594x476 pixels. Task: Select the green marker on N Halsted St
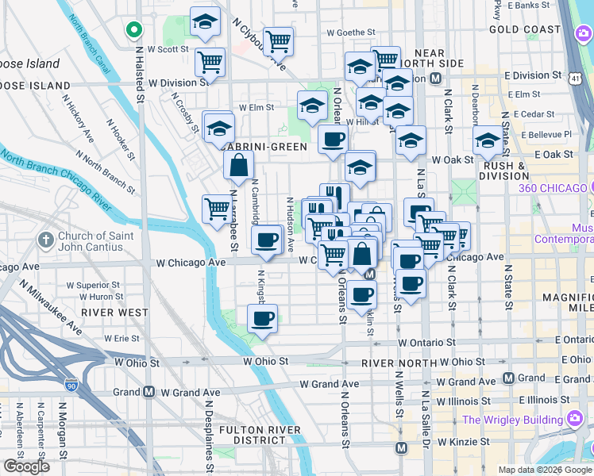coord(134,31)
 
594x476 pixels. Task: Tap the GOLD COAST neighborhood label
coord(525,29)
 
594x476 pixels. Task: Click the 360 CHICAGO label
coord(553,188)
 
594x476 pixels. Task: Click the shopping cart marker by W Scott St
coord(210,61)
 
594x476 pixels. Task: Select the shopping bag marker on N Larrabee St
coord(239,166)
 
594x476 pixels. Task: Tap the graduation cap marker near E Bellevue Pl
coord(488,142)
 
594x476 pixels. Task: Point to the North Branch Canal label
coord(88,40)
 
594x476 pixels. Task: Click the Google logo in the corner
coord(26,466)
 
